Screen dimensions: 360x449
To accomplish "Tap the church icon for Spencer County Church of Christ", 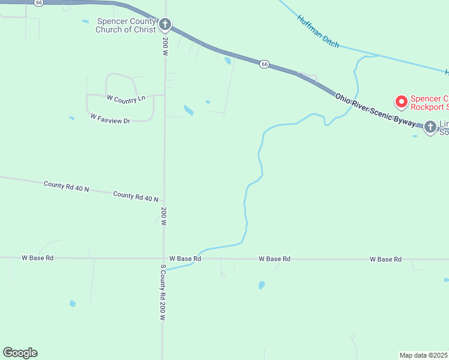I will point(165,25).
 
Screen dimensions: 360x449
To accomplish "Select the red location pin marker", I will point(400,101).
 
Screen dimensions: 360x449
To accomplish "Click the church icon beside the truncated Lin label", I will point(430,127).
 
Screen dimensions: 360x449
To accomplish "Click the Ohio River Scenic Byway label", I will point(375,110).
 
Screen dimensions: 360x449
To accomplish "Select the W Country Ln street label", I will point(126,98).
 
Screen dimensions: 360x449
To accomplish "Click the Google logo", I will point(20,353).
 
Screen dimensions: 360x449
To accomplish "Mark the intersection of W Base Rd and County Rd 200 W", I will point(163,259).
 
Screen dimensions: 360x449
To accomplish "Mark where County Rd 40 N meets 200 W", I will point(163,201).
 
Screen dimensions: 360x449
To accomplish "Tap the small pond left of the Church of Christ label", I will point(85,22).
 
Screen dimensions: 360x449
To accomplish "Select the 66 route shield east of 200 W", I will point(264,64).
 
